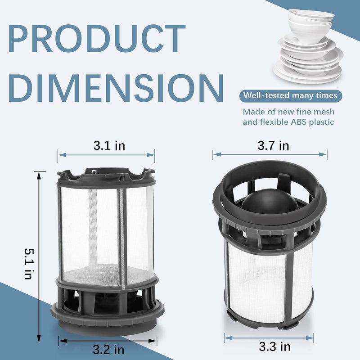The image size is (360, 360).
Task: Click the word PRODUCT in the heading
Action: pyautogui.click(x=96, y=40)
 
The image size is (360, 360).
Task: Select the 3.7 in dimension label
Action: pyautogui.click(x=273, y=145)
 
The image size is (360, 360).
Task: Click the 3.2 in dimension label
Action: pyautogui.click(x=108, y=349)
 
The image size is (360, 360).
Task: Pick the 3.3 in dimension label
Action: pyautogui.click(x=274, y=346)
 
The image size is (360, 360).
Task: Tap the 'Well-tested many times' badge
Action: pyautogui.click(x=290, y=95)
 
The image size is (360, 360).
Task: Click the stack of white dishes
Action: pyautogui.click(x=309, y=49)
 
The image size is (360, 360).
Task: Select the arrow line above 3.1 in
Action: pyautogui.click(x=106, y=155)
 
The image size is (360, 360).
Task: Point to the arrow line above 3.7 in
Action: pyautogui.click(x=270, y=154)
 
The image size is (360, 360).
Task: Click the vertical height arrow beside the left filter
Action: pyautogui.click(x=40, y=256)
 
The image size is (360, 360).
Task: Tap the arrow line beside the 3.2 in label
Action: pyautogui.click(x=108, y=341)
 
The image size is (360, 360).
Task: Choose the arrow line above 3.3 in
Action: pyautogui.click(x=269, y=337)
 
